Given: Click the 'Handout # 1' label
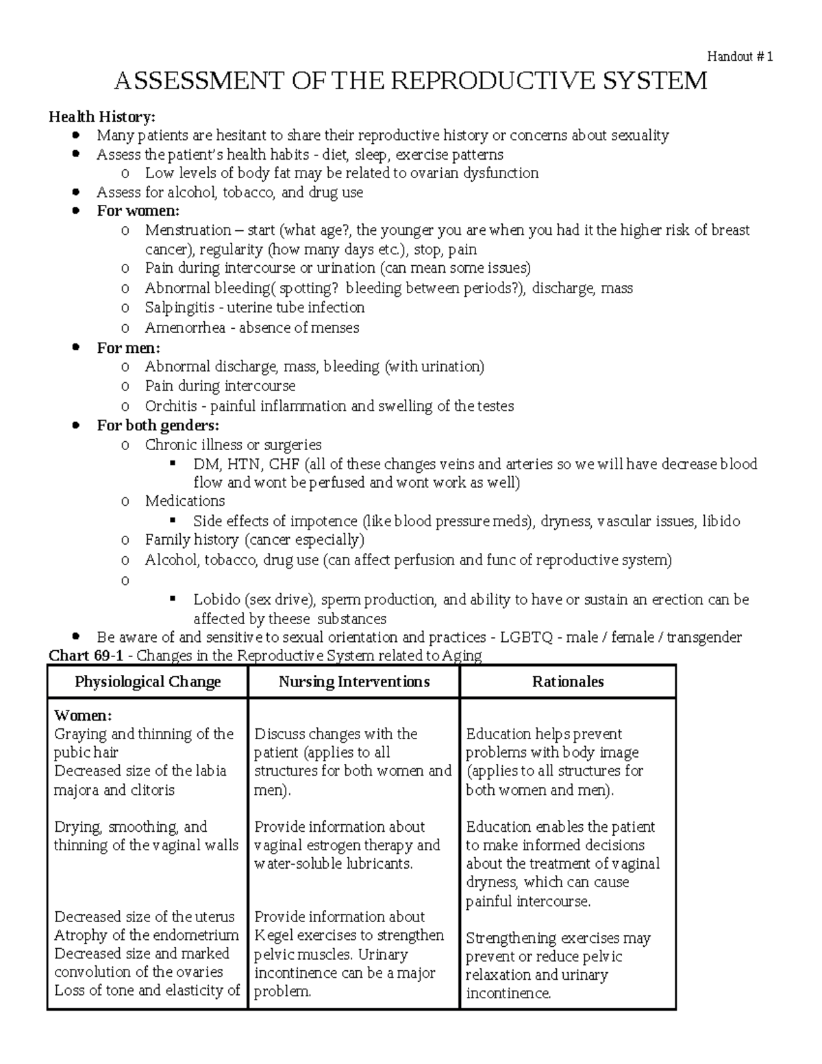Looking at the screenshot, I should pos(740,57).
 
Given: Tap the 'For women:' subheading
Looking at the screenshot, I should pos(138,210).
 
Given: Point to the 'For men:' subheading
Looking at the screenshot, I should pos(128,347).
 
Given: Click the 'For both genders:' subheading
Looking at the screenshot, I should pos(158,425).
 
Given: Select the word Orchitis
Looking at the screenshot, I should pos(171,406).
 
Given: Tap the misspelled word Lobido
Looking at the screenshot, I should pos(216,600).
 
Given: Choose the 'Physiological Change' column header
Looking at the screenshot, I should pos(147,682).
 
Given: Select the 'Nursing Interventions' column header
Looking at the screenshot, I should pos(354,682).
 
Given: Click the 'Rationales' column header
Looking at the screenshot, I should pos(568,682).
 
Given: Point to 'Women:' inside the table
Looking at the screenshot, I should pos(82,715).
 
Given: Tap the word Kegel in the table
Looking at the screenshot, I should pos(273,935).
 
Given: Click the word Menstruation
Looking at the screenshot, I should pos(188,230).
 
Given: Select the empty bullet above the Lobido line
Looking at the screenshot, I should pos(125,581).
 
